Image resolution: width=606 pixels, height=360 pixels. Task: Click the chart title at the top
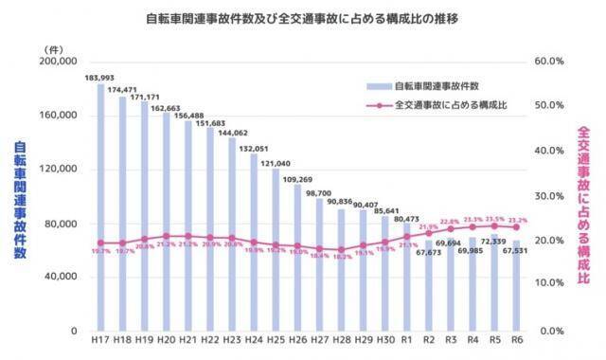tap(303, 18)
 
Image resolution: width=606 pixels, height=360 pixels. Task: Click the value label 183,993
tap(98, 77)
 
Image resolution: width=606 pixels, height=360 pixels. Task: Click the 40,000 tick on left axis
tap(58, 278)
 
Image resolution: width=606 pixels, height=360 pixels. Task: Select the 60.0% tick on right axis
tap(550, 61)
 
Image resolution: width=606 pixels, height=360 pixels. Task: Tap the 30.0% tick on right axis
tap(550, 196)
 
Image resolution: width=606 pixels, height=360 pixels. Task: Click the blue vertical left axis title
tap(20, 200)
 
